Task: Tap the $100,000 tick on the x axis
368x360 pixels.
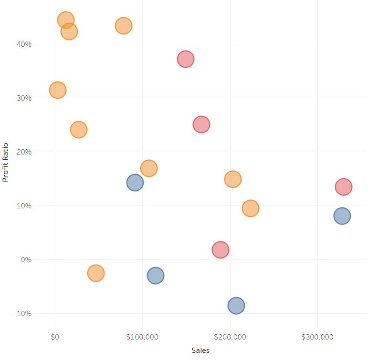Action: tap(142, 337)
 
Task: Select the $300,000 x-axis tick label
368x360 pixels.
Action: tap(317, 337)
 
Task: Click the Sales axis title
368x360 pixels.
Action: tap(200, 350)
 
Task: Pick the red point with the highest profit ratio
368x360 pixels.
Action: tap(185, 59)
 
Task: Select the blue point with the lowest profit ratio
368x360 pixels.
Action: tap(236, 306)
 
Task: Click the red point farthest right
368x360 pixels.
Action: tap(344, 187)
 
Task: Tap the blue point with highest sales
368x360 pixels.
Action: tap(342, 216)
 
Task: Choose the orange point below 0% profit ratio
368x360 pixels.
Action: tap(96, 273)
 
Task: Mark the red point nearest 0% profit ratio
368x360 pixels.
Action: tap(220, 250)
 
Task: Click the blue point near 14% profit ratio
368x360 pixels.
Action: tap(135, 182)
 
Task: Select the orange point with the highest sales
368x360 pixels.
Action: tap(250, 208)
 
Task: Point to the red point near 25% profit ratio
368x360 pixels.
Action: tap(201, 124)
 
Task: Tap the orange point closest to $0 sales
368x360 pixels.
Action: tap(57, 90)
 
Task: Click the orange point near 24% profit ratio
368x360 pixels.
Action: tap(79, 130)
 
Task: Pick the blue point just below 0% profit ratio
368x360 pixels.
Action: tap(156, 275)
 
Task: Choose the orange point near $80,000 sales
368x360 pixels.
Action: tap(123, 26)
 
